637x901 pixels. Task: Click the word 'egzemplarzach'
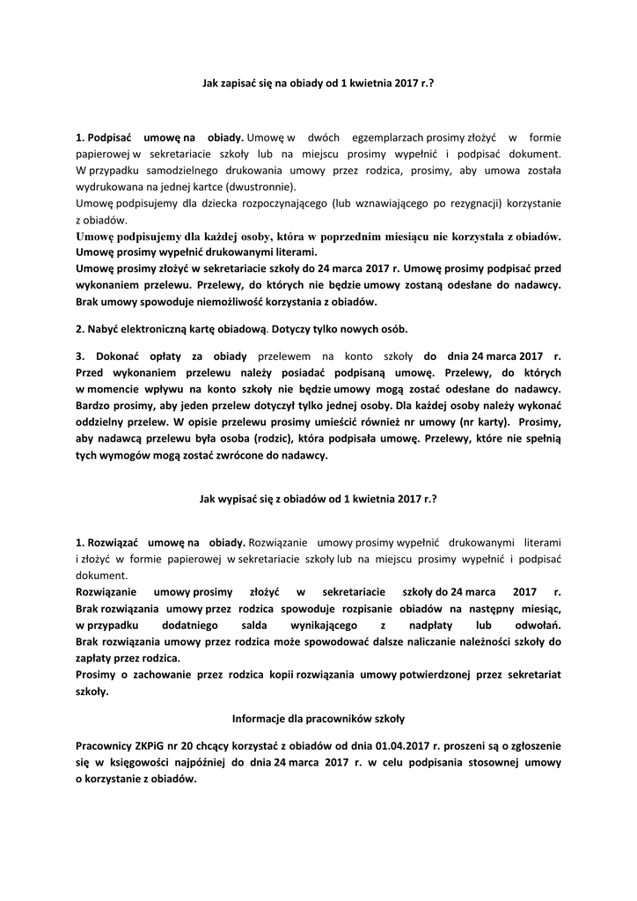387,137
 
